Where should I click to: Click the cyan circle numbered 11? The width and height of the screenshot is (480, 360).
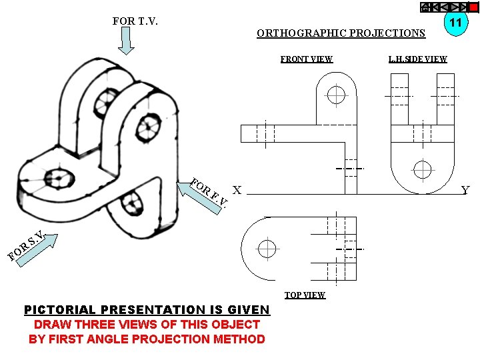pyautogui.click(x=456, y=23)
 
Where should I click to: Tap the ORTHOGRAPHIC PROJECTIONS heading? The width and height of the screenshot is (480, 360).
pyautogui.click(x=341, y=33)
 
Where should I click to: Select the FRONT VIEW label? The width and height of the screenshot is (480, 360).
pyautogui.click(x=306, y=59)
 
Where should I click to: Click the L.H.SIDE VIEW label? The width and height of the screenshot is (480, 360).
pyautogui.click(x=418, y=59)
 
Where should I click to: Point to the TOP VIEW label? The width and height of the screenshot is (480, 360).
pyautogui.click(x=305, y=295)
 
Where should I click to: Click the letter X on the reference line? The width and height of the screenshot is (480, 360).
pyautogui.click(x=237, y=189)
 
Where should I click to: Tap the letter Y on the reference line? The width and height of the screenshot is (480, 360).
pyautogui.click(x=465, y=191)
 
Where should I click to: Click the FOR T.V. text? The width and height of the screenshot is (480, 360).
pyautogui.click(x=135, y=21)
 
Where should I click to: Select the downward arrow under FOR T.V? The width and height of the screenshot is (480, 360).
pyautogui.click(x=127, y=41)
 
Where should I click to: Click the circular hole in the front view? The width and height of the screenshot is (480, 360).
pyautogui.click(x=336, y=94)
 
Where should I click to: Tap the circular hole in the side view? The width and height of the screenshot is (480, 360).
pyautogui.click(x=422, y=169)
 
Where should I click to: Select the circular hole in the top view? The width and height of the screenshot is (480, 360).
pyautogui.click(x=267, y=249)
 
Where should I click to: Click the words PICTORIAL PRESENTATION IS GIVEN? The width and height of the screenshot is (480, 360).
pyautogui.click(x=147, y=310)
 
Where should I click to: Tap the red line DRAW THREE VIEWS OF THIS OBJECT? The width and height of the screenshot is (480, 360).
pyautogui.click(x=147, y=325)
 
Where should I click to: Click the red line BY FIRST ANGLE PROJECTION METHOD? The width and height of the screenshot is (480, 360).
pyautogui.click(x=147, y=339)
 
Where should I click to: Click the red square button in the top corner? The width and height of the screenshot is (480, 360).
pyautogui.click(x=473, y=7)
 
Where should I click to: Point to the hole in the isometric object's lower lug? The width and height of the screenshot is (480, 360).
pyautogui.click(x=134, y=202)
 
